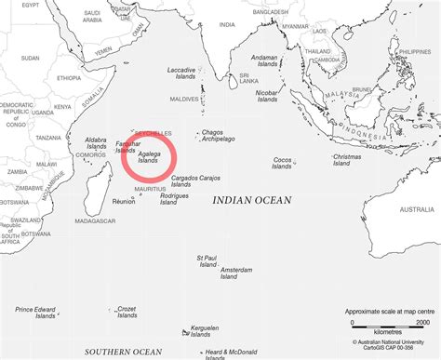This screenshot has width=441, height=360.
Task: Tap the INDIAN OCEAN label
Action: click(x=251, y=200)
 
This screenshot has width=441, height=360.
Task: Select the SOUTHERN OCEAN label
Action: click(x=123, y=352)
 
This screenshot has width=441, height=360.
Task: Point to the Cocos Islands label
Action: click(x=283, y=164)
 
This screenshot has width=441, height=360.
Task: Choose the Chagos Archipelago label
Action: click(x=218, y=136)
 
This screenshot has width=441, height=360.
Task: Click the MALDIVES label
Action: click(x=186, y=99)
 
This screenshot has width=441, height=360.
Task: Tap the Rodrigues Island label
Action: click(x=174, y=199)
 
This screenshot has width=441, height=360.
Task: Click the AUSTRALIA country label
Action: click(x=416, y=209)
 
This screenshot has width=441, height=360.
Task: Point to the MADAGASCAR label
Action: click(x=94, y=220)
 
